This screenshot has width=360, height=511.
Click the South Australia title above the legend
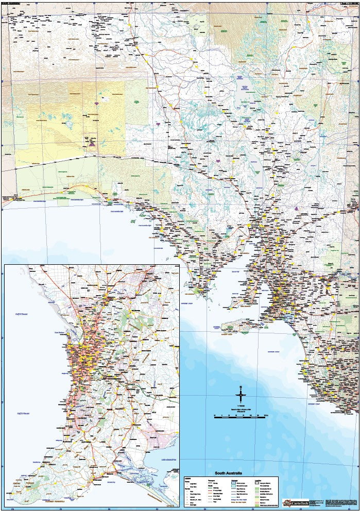(x=227, y=473)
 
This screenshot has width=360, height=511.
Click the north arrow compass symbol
(x=241, y=396)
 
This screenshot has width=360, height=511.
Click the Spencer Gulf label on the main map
(x=236, y=270)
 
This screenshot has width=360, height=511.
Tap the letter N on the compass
(x=241, y=386)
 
